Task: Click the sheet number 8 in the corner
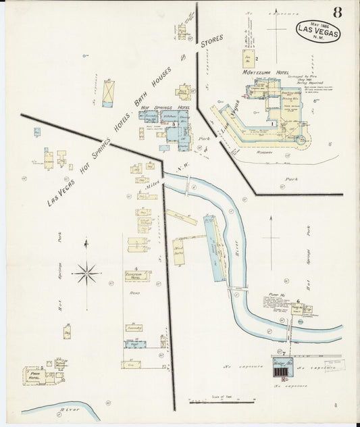336,11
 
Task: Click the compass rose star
86,274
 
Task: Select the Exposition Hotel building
136,276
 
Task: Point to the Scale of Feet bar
216,401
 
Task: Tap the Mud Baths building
179,251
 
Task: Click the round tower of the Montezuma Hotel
301,139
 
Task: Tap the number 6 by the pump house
297,301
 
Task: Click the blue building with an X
108,93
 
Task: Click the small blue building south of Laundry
135,344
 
